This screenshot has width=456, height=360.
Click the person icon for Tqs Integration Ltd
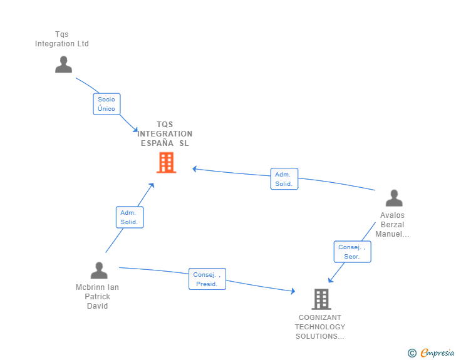pyautogui.click(x=63, y=64)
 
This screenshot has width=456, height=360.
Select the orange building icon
pyautogui.click(x=166, y=162)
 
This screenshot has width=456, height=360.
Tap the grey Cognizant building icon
pyautogui.click(x=321, y=299)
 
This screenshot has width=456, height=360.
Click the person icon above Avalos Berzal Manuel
pyautogui.click(x=394, y=198)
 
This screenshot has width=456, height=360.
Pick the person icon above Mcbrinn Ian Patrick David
pyautogui.click(x=99, y=270)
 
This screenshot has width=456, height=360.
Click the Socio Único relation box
pyautogui.click(x=106, y=104)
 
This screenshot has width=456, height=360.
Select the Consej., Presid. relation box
pyautogui.click(x=207, y=279)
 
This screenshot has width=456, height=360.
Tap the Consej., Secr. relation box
pyautogui.click(x=352, y=252)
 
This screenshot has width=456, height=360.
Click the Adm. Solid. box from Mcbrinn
pyautogui.click(x=129, y=217)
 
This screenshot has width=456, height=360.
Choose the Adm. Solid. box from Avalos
pyautogui.click(x=284, y=179)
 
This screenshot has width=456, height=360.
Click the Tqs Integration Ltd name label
pyautogui.click(x=62, y=39)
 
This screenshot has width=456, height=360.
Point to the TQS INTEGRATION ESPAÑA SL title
pyautogui.click(x=165, y=134)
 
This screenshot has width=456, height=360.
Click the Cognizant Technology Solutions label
pyautogui.click(x=320, y=327)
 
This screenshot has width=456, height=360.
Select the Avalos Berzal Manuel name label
pyautogui.click(x=393, y=225)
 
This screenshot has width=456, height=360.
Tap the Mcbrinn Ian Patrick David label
pyautogui.click(x=97, y=297)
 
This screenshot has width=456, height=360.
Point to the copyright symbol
pyautogui.click(x=412, y=353)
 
